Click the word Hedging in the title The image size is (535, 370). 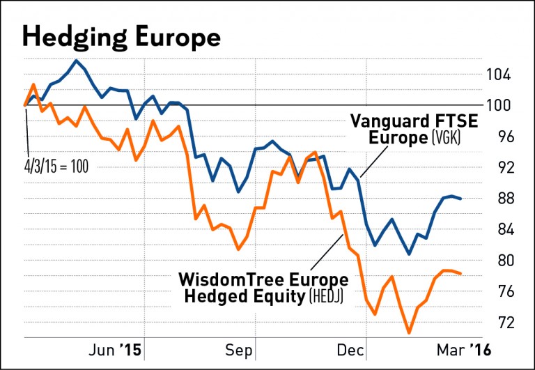click(75, 37)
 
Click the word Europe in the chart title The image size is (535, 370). click(178, 38)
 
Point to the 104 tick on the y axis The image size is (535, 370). click(499, 75)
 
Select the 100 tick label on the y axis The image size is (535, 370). click(499, 105)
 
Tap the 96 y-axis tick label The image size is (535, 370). click(503, 137)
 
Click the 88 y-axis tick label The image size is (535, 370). click(503, 199)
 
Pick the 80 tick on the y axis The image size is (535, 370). click(503, 261)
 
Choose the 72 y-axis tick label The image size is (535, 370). click(503, 322)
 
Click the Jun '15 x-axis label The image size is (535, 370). click(115, 350)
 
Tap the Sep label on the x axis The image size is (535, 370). click(238, 351)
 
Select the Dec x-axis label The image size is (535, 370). click(351, 350)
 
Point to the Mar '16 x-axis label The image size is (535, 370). click(464, 350)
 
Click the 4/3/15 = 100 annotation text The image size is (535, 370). click(56, 167)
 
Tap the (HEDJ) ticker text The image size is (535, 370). click(326, 296)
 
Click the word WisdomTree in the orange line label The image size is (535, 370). click(231, 279)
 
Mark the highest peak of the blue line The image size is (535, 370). click(76, 60)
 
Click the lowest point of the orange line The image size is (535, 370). click(409, 333)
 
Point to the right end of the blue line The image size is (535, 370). click(461, 199)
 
